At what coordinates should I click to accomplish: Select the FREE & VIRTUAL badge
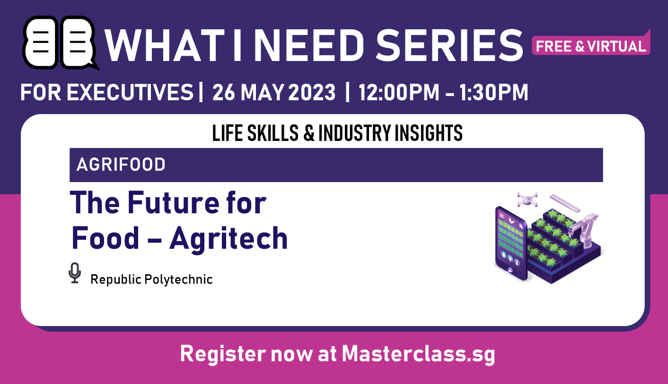591,46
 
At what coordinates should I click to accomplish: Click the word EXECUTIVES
130,92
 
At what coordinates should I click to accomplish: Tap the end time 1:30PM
498,92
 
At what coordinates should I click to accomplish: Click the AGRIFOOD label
121,165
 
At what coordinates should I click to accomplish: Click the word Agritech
229,238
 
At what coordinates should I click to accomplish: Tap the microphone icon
74,273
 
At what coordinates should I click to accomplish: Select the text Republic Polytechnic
151,279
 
